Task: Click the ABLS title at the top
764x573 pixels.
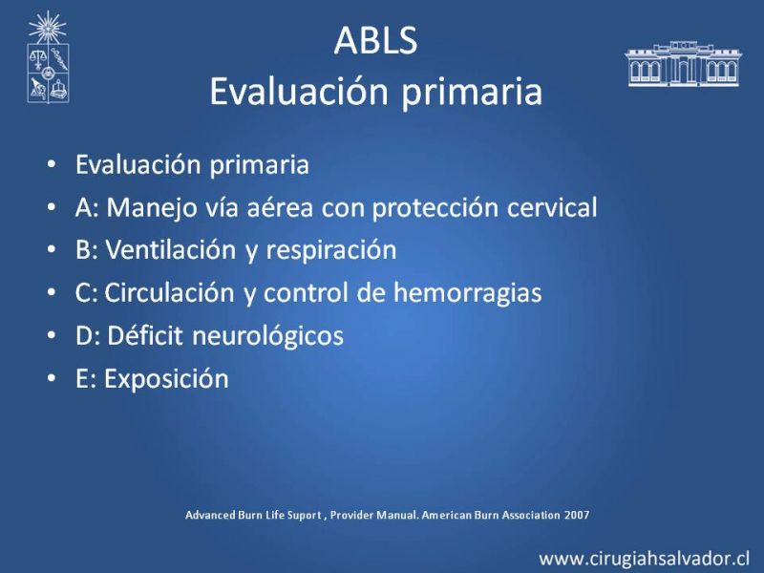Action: (375, 40)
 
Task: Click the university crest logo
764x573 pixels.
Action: (48, 57)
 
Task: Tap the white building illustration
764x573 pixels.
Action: (684, 64)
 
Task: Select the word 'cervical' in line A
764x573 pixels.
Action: (552, 207)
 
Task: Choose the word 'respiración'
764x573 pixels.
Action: (331, 251)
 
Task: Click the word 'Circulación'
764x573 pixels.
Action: (170, 293)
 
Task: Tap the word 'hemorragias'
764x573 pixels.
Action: (467, 294)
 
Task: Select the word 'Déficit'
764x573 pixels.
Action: (145, 336)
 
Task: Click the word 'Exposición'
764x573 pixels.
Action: (166, 380)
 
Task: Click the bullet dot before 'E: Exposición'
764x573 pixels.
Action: (52, 378)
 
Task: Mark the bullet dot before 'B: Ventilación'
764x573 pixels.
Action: (52, 250)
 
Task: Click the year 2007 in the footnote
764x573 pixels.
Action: (577, 515)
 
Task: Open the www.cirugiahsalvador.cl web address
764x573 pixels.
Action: (644, 559)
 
